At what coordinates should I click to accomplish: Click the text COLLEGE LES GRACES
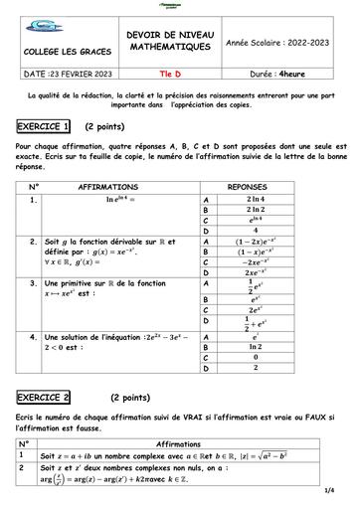click(62, 51)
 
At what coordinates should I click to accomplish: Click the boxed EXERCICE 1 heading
click(43, 127)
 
